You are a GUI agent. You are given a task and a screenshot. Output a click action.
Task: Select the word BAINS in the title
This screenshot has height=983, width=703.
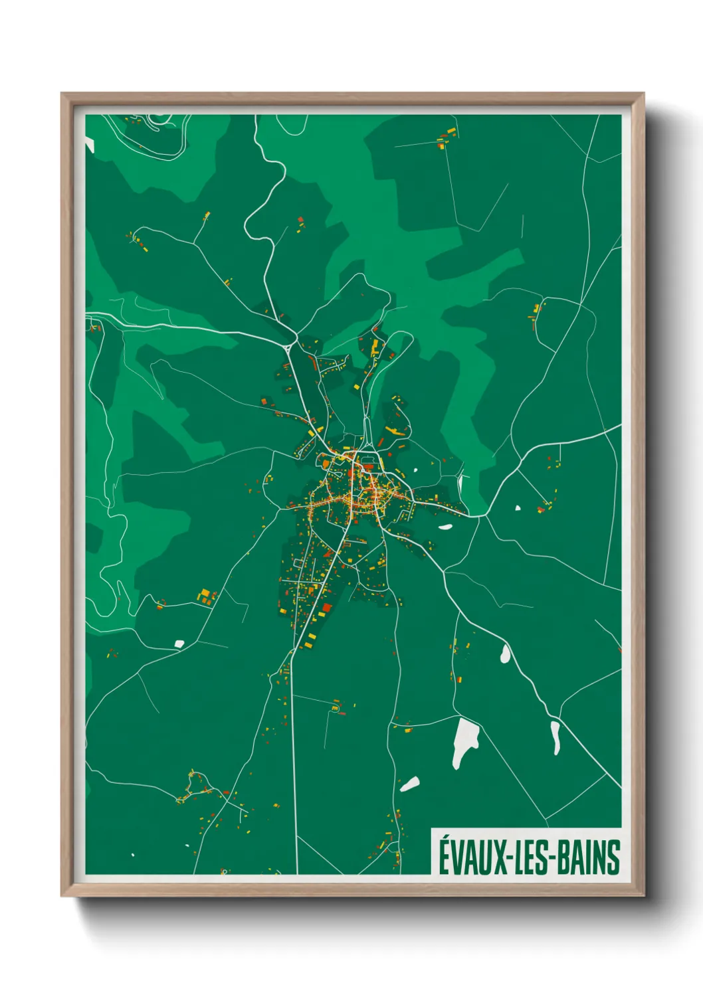point(589,857)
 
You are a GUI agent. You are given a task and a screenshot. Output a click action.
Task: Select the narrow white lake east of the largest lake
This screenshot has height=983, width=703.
point(555,737)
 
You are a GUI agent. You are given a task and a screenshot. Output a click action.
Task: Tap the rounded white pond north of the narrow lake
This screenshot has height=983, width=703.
point(505,654)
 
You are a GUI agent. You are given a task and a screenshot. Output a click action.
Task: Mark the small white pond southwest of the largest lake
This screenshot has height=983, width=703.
point(409,784)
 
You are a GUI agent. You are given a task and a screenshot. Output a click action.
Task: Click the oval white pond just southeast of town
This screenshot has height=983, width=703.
point(445,527)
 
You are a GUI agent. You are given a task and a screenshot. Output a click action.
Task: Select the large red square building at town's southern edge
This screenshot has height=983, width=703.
point(326,607)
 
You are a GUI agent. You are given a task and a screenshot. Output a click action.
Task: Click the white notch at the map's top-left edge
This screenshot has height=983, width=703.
point(89,144)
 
